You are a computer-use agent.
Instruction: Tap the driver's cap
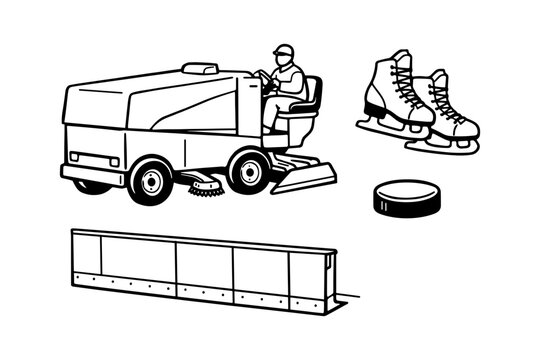point(285,48)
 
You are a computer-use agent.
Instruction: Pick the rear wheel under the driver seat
point(248,171)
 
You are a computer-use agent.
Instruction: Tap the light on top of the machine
point(200,69)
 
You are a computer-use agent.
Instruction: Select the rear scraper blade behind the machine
point(305,180)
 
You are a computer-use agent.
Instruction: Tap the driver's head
point(286,56)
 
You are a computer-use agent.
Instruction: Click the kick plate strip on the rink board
point(200,290)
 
